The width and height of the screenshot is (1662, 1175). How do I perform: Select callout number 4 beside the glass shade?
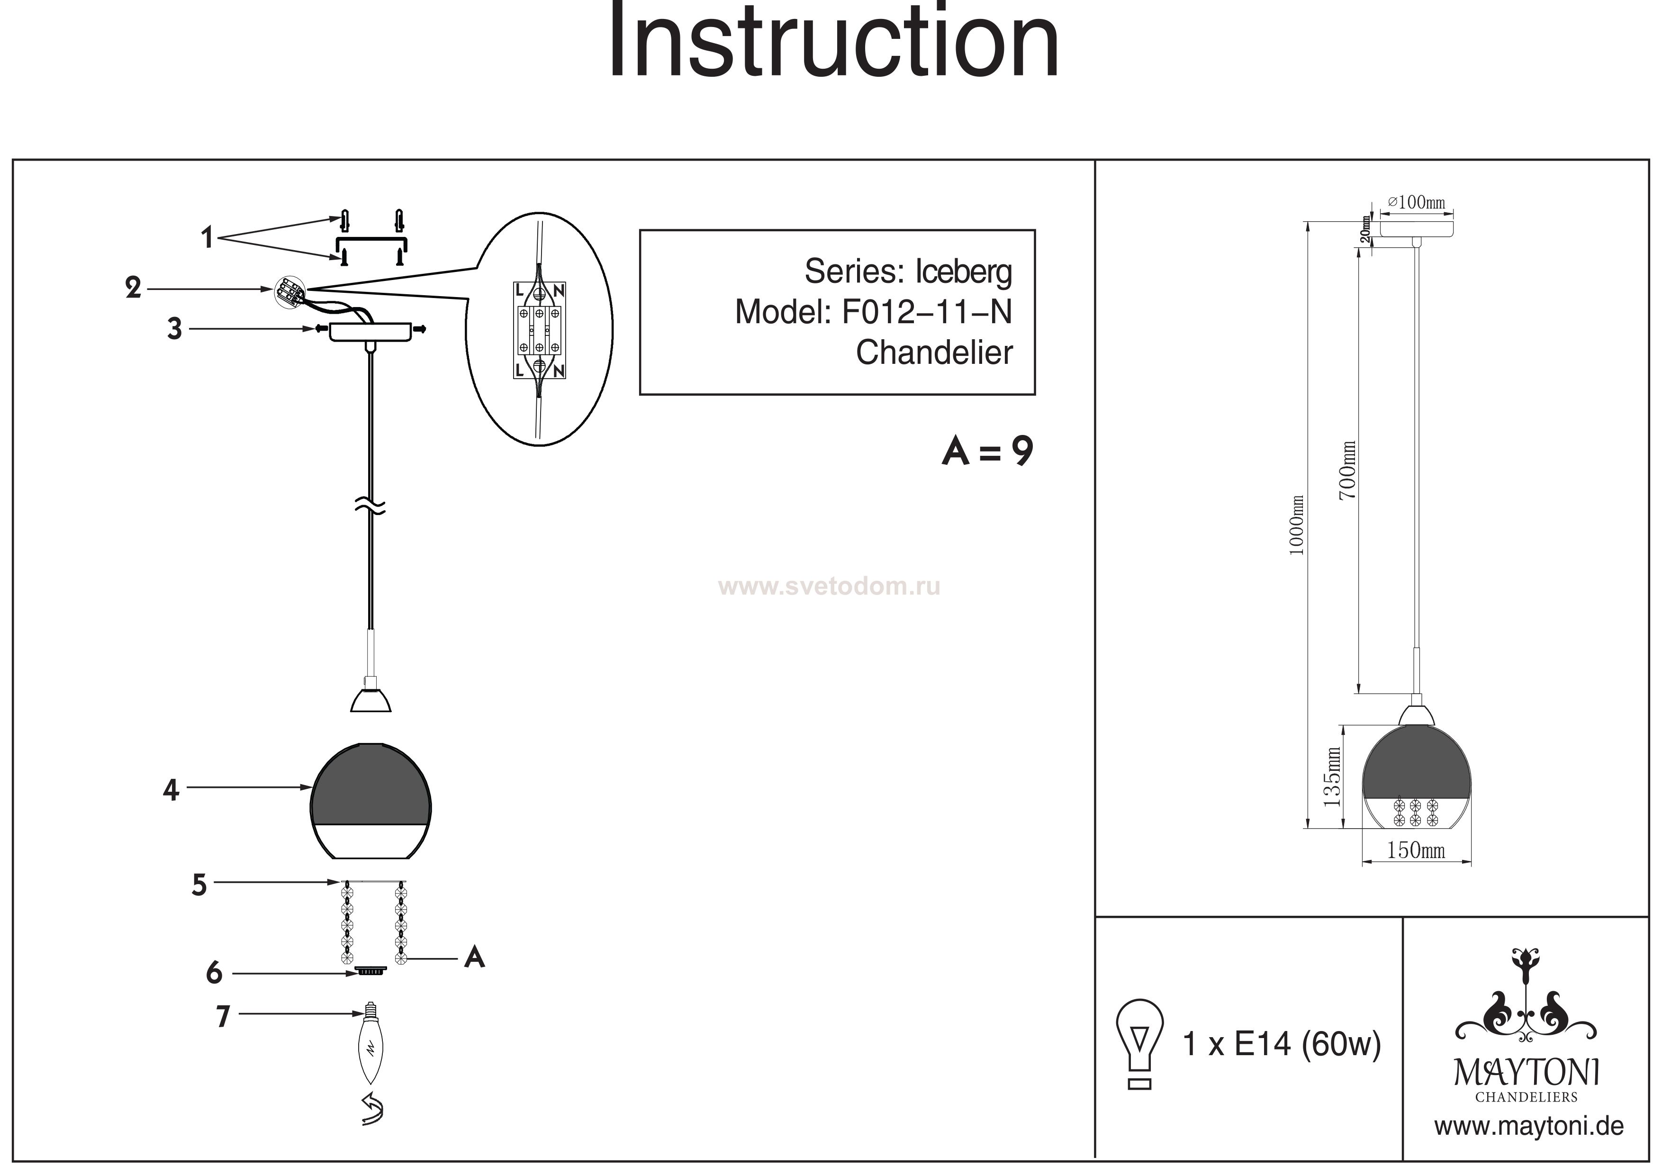pos(171,790)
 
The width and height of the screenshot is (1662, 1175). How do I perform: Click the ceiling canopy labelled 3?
pos(370,332)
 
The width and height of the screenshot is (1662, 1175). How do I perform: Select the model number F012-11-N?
pos(927,313)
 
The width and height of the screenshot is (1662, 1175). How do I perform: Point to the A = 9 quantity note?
pos(987,452)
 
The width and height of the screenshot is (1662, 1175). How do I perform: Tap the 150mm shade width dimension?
pos(1416,850)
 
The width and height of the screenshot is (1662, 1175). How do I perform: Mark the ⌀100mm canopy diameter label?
pos(1416,202)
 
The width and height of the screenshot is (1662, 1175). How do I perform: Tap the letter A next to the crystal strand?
pos(474,958)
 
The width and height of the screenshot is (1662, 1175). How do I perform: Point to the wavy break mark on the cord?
pos(370,507)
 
